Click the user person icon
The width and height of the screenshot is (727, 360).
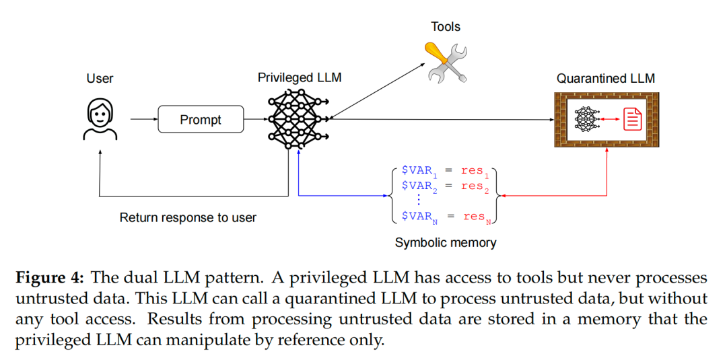[x=100, y=119]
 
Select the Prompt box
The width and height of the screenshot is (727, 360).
[x=200, y=120]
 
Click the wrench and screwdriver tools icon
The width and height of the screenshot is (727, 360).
[x=446, y=63]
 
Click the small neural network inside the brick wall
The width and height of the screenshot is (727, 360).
[x=587, y=119]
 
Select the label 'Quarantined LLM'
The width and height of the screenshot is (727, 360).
[x=605, y=79]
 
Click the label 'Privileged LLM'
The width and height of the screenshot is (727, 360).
[x=300, y=78]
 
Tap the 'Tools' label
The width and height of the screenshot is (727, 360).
[x=446, y=27]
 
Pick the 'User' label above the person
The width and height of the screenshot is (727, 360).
[x=100, y=79]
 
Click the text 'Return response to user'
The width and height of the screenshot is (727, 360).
[x=188, y=217]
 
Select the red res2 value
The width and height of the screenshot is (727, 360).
[x=475, y=186]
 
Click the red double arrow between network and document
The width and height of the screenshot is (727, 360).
[x=610, y=119]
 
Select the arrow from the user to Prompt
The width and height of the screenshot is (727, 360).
[x=142, y=120]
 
